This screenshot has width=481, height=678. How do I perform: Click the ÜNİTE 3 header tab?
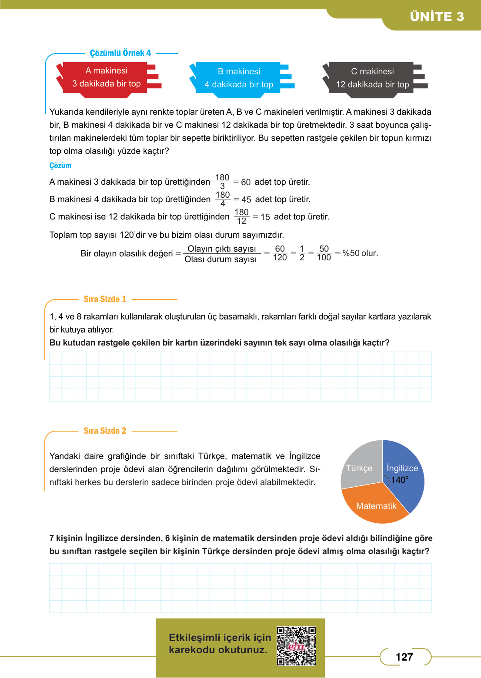[437, 17]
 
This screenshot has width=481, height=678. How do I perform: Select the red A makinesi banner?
[107, 77]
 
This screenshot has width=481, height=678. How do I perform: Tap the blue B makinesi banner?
[239, 78]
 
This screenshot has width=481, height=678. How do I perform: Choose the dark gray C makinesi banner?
[373, 78]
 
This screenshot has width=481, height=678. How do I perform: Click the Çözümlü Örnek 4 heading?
[120, 53]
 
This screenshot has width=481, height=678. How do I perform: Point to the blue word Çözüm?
[60, 166]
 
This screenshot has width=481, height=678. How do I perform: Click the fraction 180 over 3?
[222, 182]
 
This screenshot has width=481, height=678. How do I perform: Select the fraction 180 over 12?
[241, 216]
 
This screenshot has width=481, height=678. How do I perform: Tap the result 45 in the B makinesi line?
[246, 199]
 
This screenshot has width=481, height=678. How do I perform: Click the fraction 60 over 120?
[280, 253]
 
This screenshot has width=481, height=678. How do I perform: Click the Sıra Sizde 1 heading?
[105, 299]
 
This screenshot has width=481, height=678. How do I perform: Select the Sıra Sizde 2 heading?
[105, 431]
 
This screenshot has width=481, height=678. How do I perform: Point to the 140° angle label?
[400, 480]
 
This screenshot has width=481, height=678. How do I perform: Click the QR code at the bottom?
[297, 646]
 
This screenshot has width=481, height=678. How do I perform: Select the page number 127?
[404, 657]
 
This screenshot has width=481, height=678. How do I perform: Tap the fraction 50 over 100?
[324, 253]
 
